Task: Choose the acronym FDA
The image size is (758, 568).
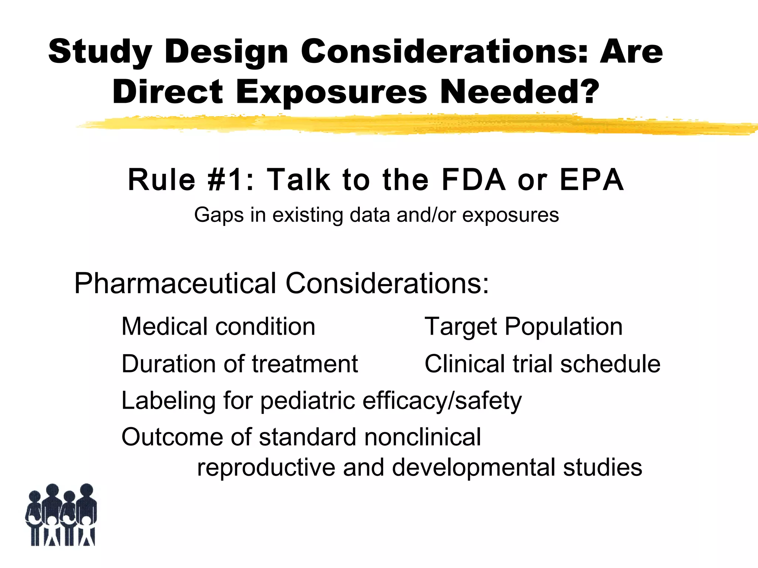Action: click(x=474, y=180)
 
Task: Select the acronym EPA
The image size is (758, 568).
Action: click(x=592, y=180)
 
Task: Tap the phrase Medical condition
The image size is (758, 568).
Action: click(x=218, y=327)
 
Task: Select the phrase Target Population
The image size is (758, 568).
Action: click(x=523, y=327)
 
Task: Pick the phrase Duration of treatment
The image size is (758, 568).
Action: click(x=240, y=364)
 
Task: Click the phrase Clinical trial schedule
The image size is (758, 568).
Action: click(x=542, y=364)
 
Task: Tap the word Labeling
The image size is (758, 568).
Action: click(x=168, y=401)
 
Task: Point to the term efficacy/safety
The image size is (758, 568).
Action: click(x=442, y=401)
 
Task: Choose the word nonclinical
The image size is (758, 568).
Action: click(x=423, y=437)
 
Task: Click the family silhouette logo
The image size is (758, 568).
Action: click(x=61, y=515)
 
